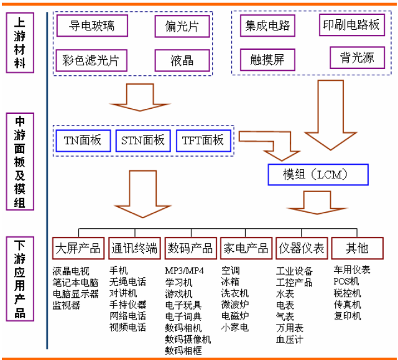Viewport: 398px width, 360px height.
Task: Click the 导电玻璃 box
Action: (x=91, y=25)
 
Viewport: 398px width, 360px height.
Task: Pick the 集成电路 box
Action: (x=267, y=25)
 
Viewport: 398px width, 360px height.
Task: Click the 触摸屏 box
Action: (x=267, y=60)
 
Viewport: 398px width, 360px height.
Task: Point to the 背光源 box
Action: (x=357, y=58)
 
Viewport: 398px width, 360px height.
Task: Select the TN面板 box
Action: (x=83, y=141)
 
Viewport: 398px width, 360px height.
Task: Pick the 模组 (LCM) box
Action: (x=318, y=175)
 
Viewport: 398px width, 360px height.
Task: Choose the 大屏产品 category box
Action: (x=78, y=248)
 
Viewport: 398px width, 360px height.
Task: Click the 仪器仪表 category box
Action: (x=302, y=248)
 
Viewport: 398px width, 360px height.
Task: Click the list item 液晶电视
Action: (x=71, y=270)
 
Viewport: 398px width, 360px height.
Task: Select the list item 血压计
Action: (x=290, y=339)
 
